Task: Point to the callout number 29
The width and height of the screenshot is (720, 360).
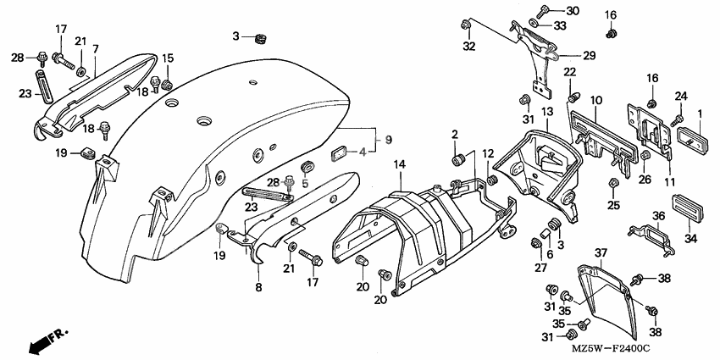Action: [589, 55]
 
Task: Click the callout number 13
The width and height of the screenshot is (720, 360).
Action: [548, 112]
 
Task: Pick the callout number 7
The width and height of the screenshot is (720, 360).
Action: [96, 48]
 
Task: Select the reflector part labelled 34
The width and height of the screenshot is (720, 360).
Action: [687, 207]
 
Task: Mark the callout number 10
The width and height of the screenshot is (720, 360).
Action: [596, 101]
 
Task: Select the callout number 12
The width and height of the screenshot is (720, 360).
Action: [488, 153]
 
